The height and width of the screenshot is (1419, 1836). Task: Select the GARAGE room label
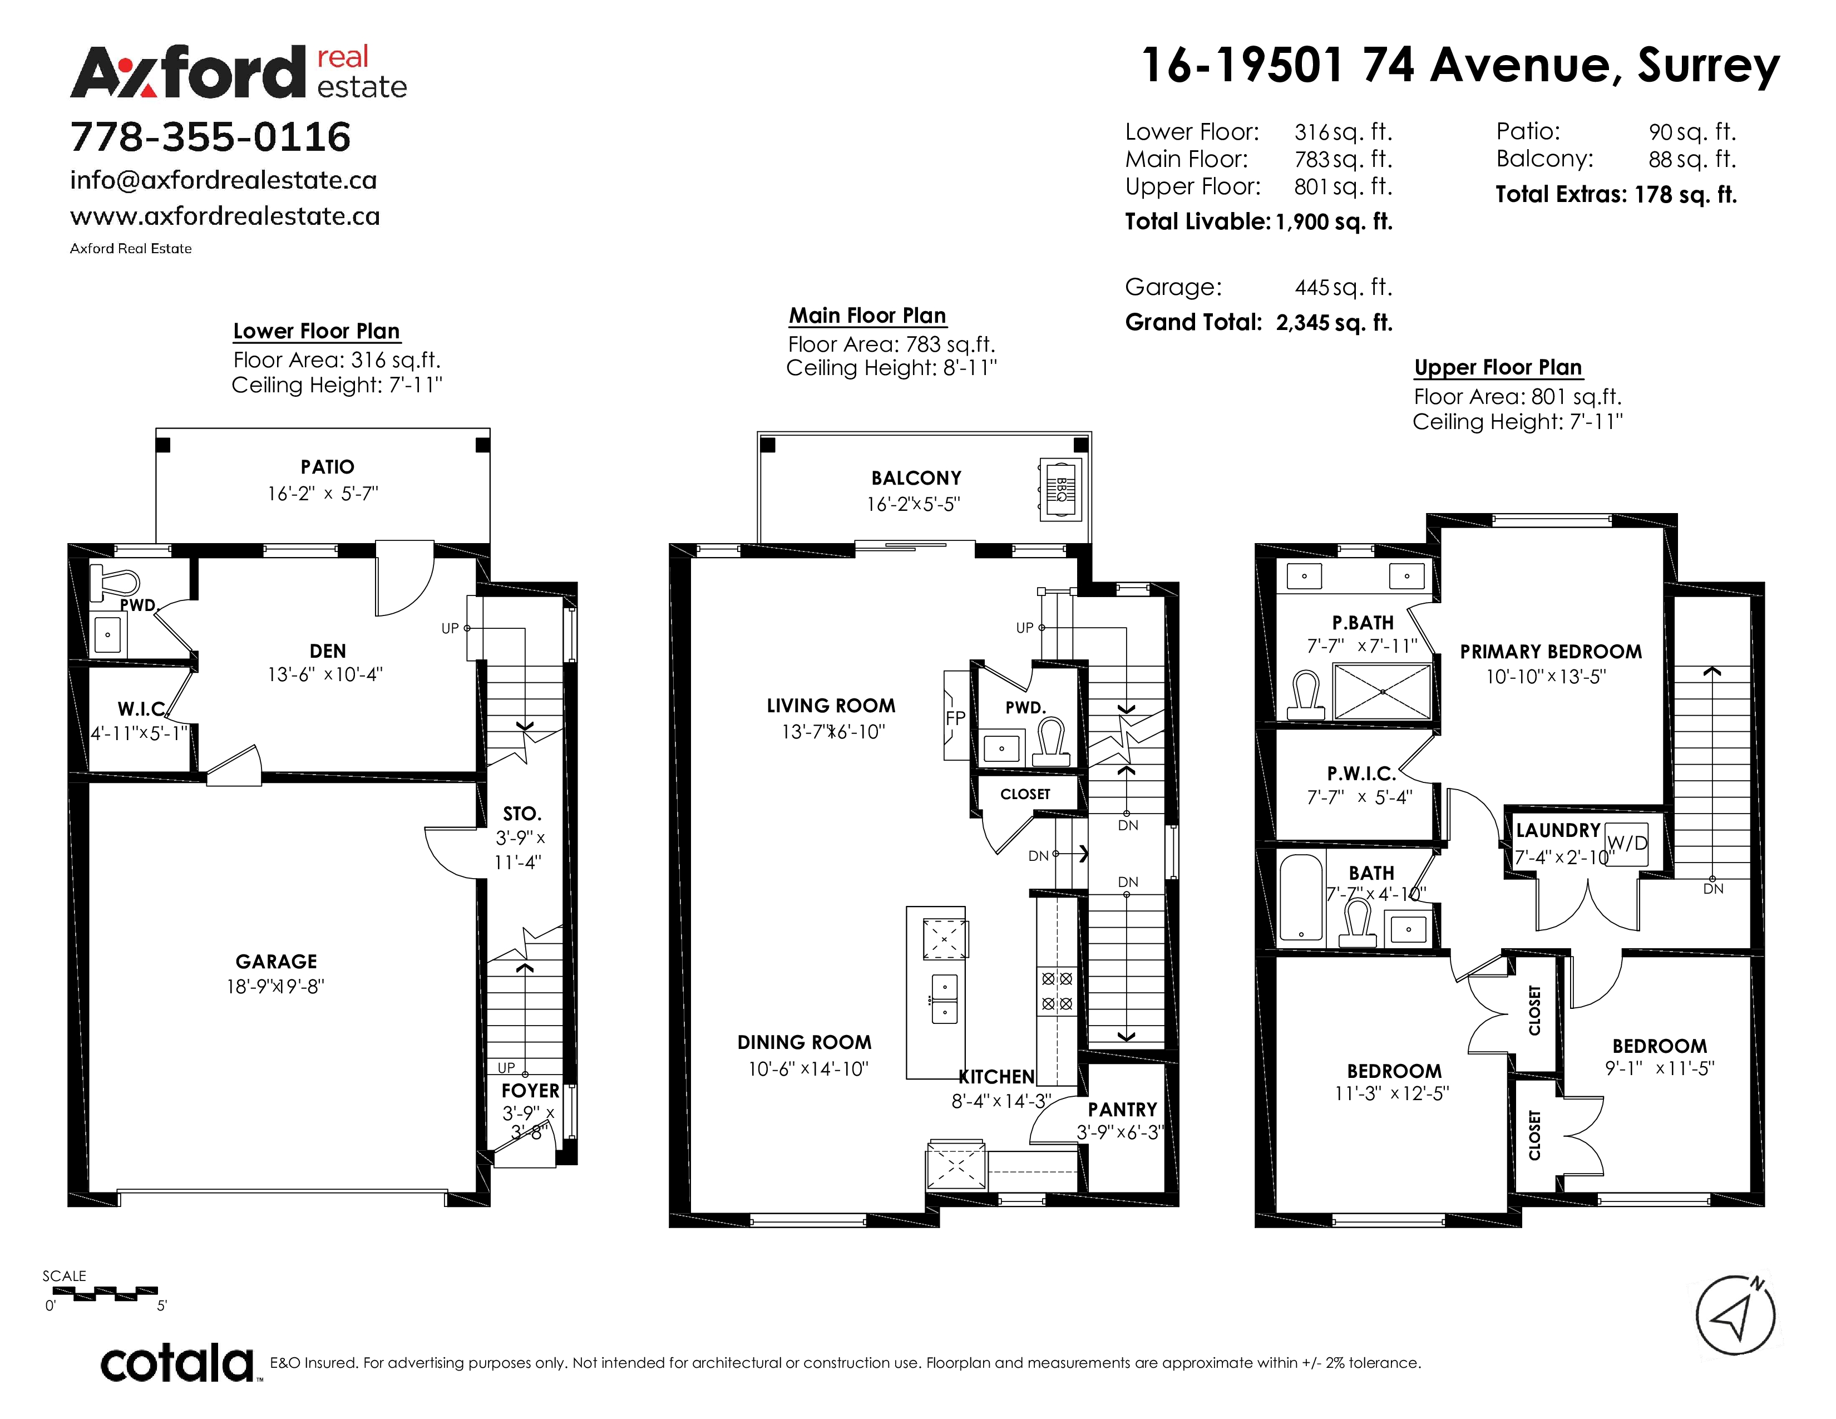pos(276,962)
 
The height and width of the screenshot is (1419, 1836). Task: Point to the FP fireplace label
pos(955,718)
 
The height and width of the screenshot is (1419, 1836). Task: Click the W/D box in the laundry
pos(1627,841)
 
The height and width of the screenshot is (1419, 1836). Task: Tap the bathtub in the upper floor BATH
pos(1301,898)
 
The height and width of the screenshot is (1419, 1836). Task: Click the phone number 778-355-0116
pos(210,137)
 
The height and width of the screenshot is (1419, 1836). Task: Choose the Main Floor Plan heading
pos(867,316)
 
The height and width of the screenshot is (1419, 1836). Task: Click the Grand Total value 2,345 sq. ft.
pos(1334,323)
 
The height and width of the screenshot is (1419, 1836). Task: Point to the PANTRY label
pos(1122,1110)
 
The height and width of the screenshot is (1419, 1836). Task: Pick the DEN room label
pos(327,651)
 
